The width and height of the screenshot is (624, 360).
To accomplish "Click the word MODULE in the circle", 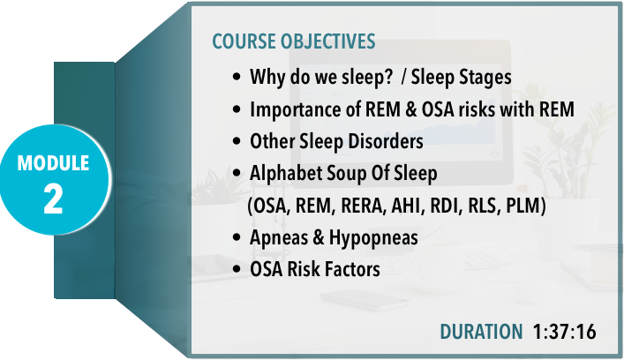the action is pos(53,163).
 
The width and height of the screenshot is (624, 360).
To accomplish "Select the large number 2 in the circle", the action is pos(53,199).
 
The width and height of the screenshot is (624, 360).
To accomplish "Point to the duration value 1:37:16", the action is pos(564,332).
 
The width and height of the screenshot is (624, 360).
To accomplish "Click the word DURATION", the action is pos(481,332).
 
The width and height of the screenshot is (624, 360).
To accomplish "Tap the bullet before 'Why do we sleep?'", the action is pos(237,77).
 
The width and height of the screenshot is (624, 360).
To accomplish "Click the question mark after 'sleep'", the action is pos(388,76).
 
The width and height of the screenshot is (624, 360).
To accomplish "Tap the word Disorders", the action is pos(386,141).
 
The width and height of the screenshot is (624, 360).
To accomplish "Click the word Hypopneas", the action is pos(373,238).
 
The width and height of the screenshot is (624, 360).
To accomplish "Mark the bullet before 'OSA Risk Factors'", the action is pos(237,269).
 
